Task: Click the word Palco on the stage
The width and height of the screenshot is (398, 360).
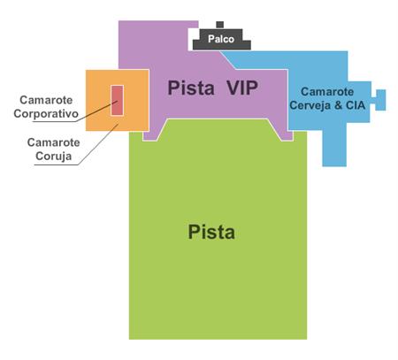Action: pos(221,39)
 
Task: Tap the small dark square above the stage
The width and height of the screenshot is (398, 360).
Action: pos(219,25)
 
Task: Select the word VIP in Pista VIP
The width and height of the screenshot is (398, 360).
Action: pos(242,88)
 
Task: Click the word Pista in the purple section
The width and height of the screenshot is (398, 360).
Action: pos(191,88)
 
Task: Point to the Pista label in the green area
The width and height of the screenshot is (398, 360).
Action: pos(211,232)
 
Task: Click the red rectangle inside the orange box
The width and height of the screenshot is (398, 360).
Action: pos(117,100)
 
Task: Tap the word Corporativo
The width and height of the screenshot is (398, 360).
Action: pos(46,114)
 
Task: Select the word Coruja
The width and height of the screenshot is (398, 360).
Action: pos(54,156)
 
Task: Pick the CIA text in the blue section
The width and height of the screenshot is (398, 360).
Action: pos(356,105)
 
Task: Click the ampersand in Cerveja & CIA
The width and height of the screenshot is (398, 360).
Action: pos(338,105)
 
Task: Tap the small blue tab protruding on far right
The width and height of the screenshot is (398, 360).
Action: pos(380,100)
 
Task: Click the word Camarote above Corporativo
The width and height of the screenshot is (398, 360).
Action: pos(46,100)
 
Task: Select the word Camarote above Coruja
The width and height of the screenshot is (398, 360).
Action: pos(54,142)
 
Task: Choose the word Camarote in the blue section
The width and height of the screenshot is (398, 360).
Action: pos(327,92)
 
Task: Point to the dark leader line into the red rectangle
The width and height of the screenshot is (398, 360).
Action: pos(97,111)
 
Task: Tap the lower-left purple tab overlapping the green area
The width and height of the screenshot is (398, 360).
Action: pos(150,136)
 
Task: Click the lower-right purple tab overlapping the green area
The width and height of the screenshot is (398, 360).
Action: pos(286,136)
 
